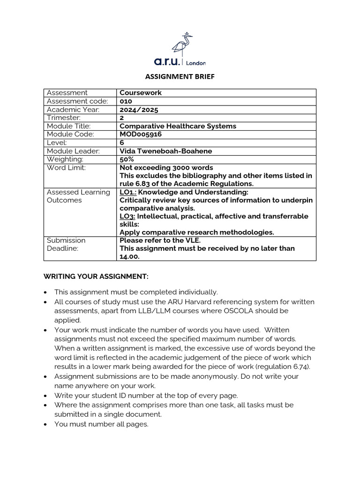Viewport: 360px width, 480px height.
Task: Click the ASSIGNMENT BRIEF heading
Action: click(x=180, y=77)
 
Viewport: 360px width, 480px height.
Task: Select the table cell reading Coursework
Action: click(x=141, y=93)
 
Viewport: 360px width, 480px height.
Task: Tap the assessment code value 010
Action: click(x=126, y=101)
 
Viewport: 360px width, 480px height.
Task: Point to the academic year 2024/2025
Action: click(x=139, y=110)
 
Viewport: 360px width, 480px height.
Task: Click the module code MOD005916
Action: click(x=141, y=134)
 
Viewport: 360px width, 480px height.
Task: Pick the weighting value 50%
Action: click(x=127, y=159)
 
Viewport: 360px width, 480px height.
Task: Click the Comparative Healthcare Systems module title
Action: click(x=178, y=126)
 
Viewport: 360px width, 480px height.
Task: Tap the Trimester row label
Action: click(x=64, y=118)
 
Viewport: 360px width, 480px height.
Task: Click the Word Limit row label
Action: click(x=66, y=168)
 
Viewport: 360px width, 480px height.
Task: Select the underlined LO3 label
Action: click(x=127, y=216)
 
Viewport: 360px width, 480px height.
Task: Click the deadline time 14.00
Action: click(x=130, y=256)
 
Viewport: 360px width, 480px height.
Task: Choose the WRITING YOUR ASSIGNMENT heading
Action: click(x=96, y=277)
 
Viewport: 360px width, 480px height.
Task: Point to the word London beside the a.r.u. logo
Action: click(x=196, y=63)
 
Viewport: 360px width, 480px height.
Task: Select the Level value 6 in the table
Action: click(x=122, y=142)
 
